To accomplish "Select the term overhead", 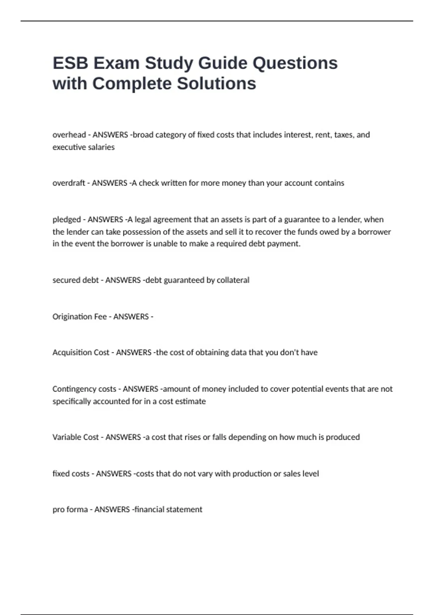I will coord(69,135).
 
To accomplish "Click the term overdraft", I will coord(69,183).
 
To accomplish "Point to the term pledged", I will coord(67,220).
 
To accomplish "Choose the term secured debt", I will coord(76,280).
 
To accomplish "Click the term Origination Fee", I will coord(80,317).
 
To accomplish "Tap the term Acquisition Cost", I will coord(81,352).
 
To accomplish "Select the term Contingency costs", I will coord(84,389).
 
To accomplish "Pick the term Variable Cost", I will coord(76,437).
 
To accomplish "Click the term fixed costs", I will coord(71,474).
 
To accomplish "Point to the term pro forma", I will coord(70,509).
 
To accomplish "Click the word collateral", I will coord(233,280).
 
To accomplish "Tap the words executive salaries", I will coord(84,147).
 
